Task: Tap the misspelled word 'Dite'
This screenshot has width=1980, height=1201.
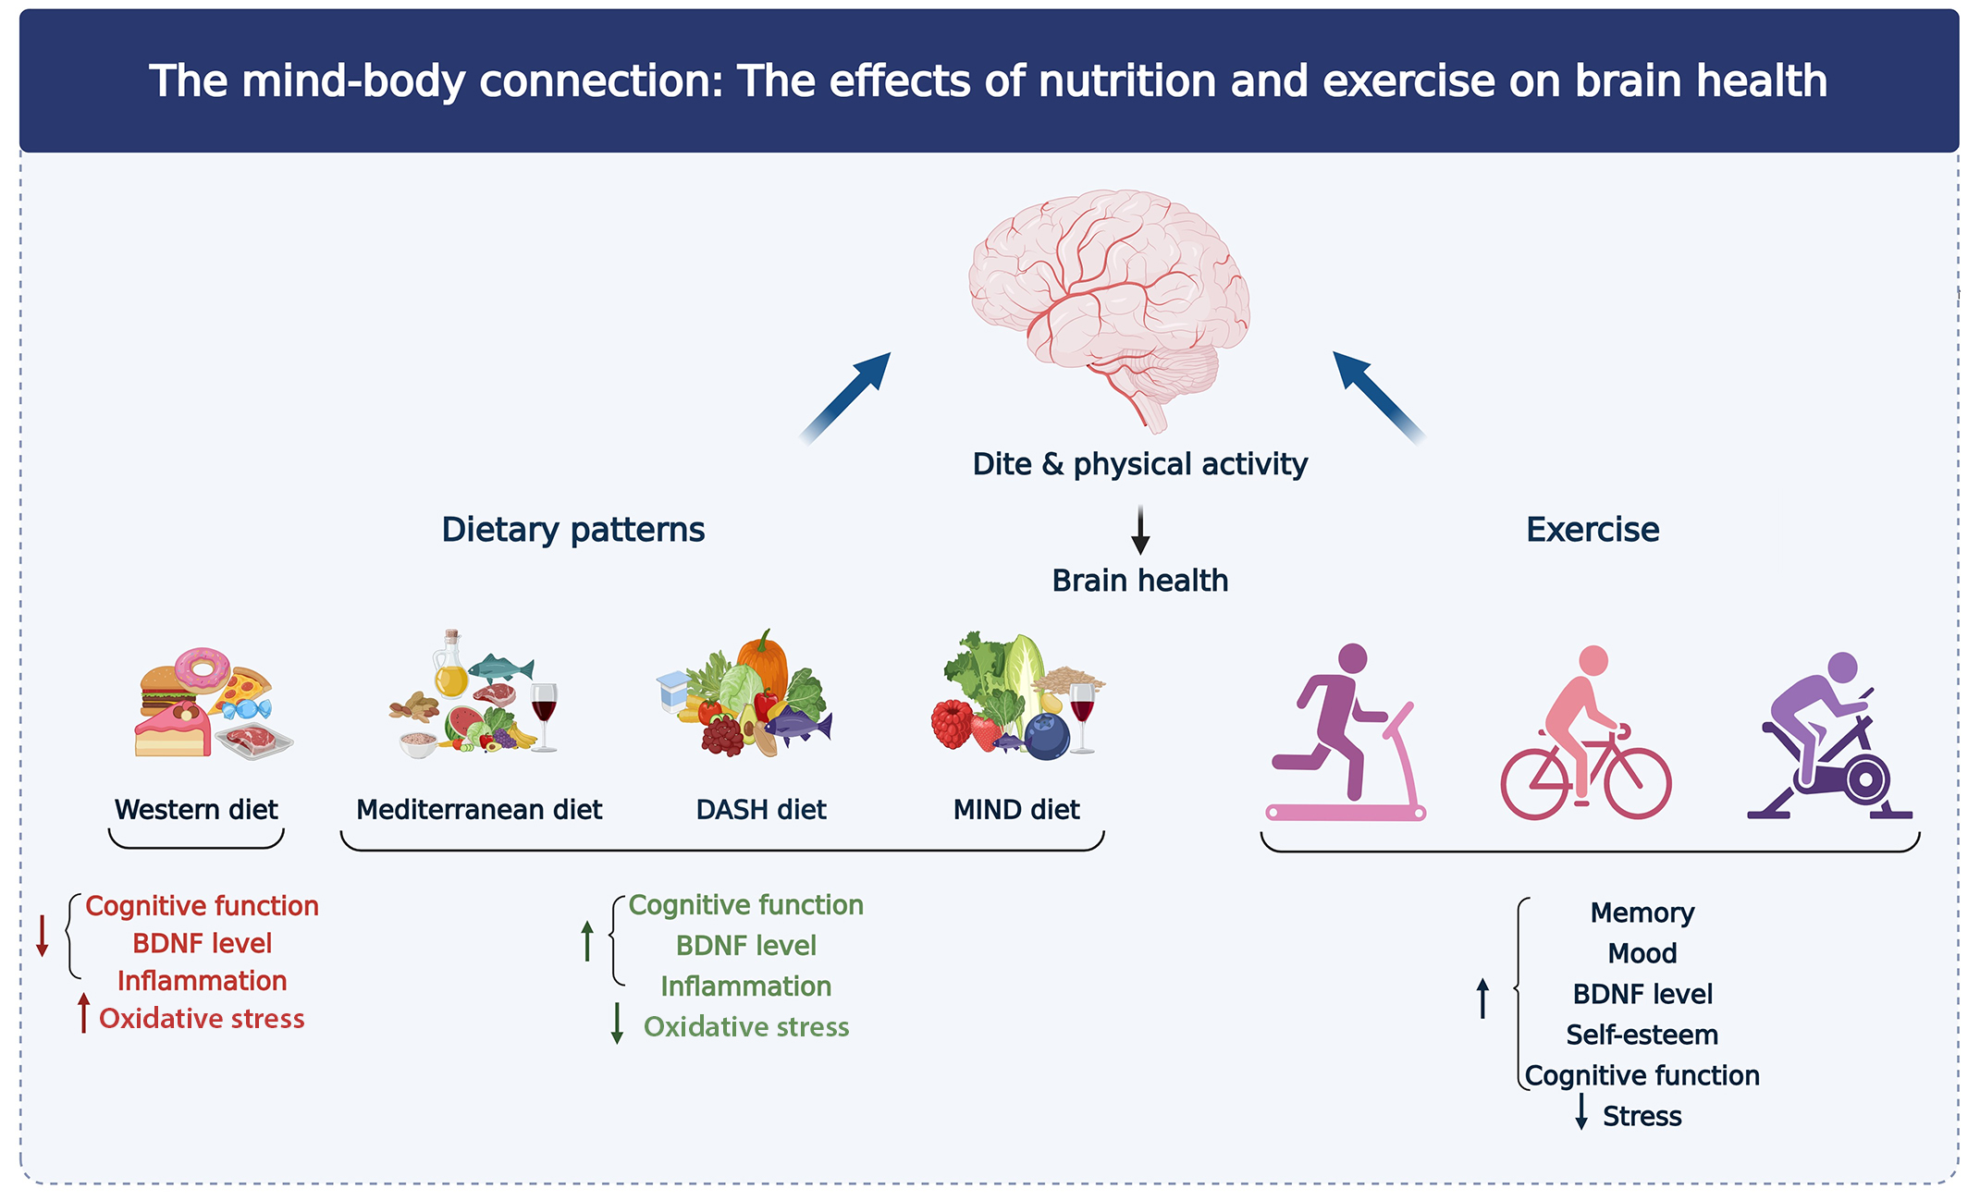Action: tap(1002, 463)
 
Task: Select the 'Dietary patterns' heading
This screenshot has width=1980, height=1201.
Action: tap(572, 530)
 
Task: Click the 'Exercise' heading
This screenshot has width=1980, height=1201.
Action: tap(1592, 530)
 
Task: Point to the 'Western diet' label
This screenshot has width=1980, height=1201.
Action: tap(196, 810)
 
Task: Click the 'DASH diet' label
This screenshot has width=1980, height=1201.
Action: tap(760, 810)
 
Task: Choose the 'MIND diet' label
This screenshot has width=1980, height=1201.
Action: tap(1015, 810)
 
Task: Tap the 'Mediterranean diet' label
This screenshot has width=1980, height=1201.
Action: tap(478, 810)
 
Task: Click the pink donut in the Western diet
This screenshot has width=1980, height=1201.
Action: tap(203, 668)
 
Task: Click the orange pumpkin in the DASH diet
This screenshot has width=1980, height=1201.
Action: tap(764, 662)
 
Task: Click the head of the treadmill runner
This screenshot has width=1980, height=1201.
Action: tap(1352, 658)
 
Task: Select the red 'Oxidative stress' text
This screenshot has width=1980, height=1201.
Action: tap(202, 1019)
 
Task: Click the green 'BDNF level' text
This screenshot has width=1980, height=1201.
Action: tap(745, 946)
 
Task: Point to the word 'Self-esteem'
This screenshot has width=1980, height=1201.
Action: tap(1642, 1035)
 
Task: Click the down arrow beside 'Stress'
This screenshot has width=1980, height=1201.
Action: tap(1581, 1111)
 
